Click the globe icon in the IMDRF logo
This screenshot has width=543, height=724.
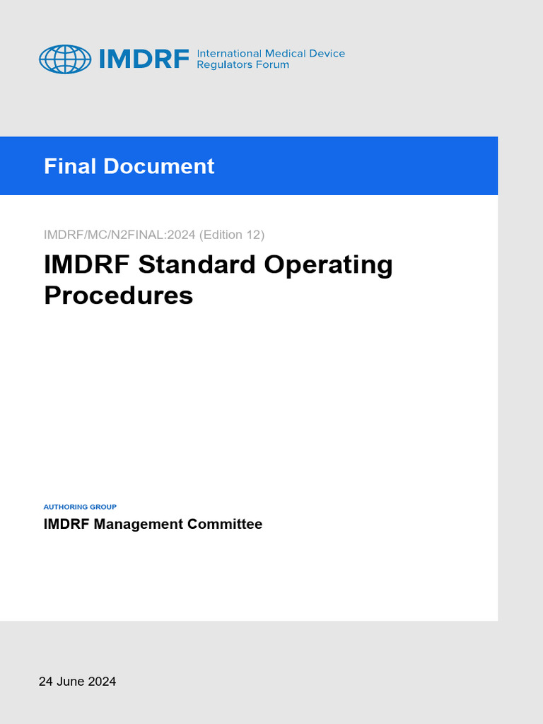(x=65, y=59)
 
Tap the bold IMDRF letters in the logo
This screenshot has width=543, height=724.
(x=144, y=59)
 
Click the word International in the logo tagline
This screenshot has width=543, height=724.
(x=228, y=54)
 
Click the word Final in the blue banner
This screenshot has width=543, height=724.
(x=71, y=166)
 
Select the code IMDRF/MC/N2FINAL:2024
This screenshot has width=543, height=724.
(x=120, y=235)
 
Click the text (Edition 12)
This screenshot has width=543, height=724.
(x=233, y=235)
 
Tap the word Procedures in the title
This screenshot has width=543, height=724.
(x=118, y=296)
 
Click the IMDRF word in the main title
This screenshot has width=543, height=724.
(x=88, y=265)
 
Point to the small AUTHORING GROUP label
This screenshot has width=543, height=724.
(x=80, y=507)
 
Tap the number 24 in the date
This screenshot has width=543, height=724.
(x=46, y=682)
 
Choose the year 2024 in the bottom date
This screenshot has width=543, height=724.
(x=102, y=682)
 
